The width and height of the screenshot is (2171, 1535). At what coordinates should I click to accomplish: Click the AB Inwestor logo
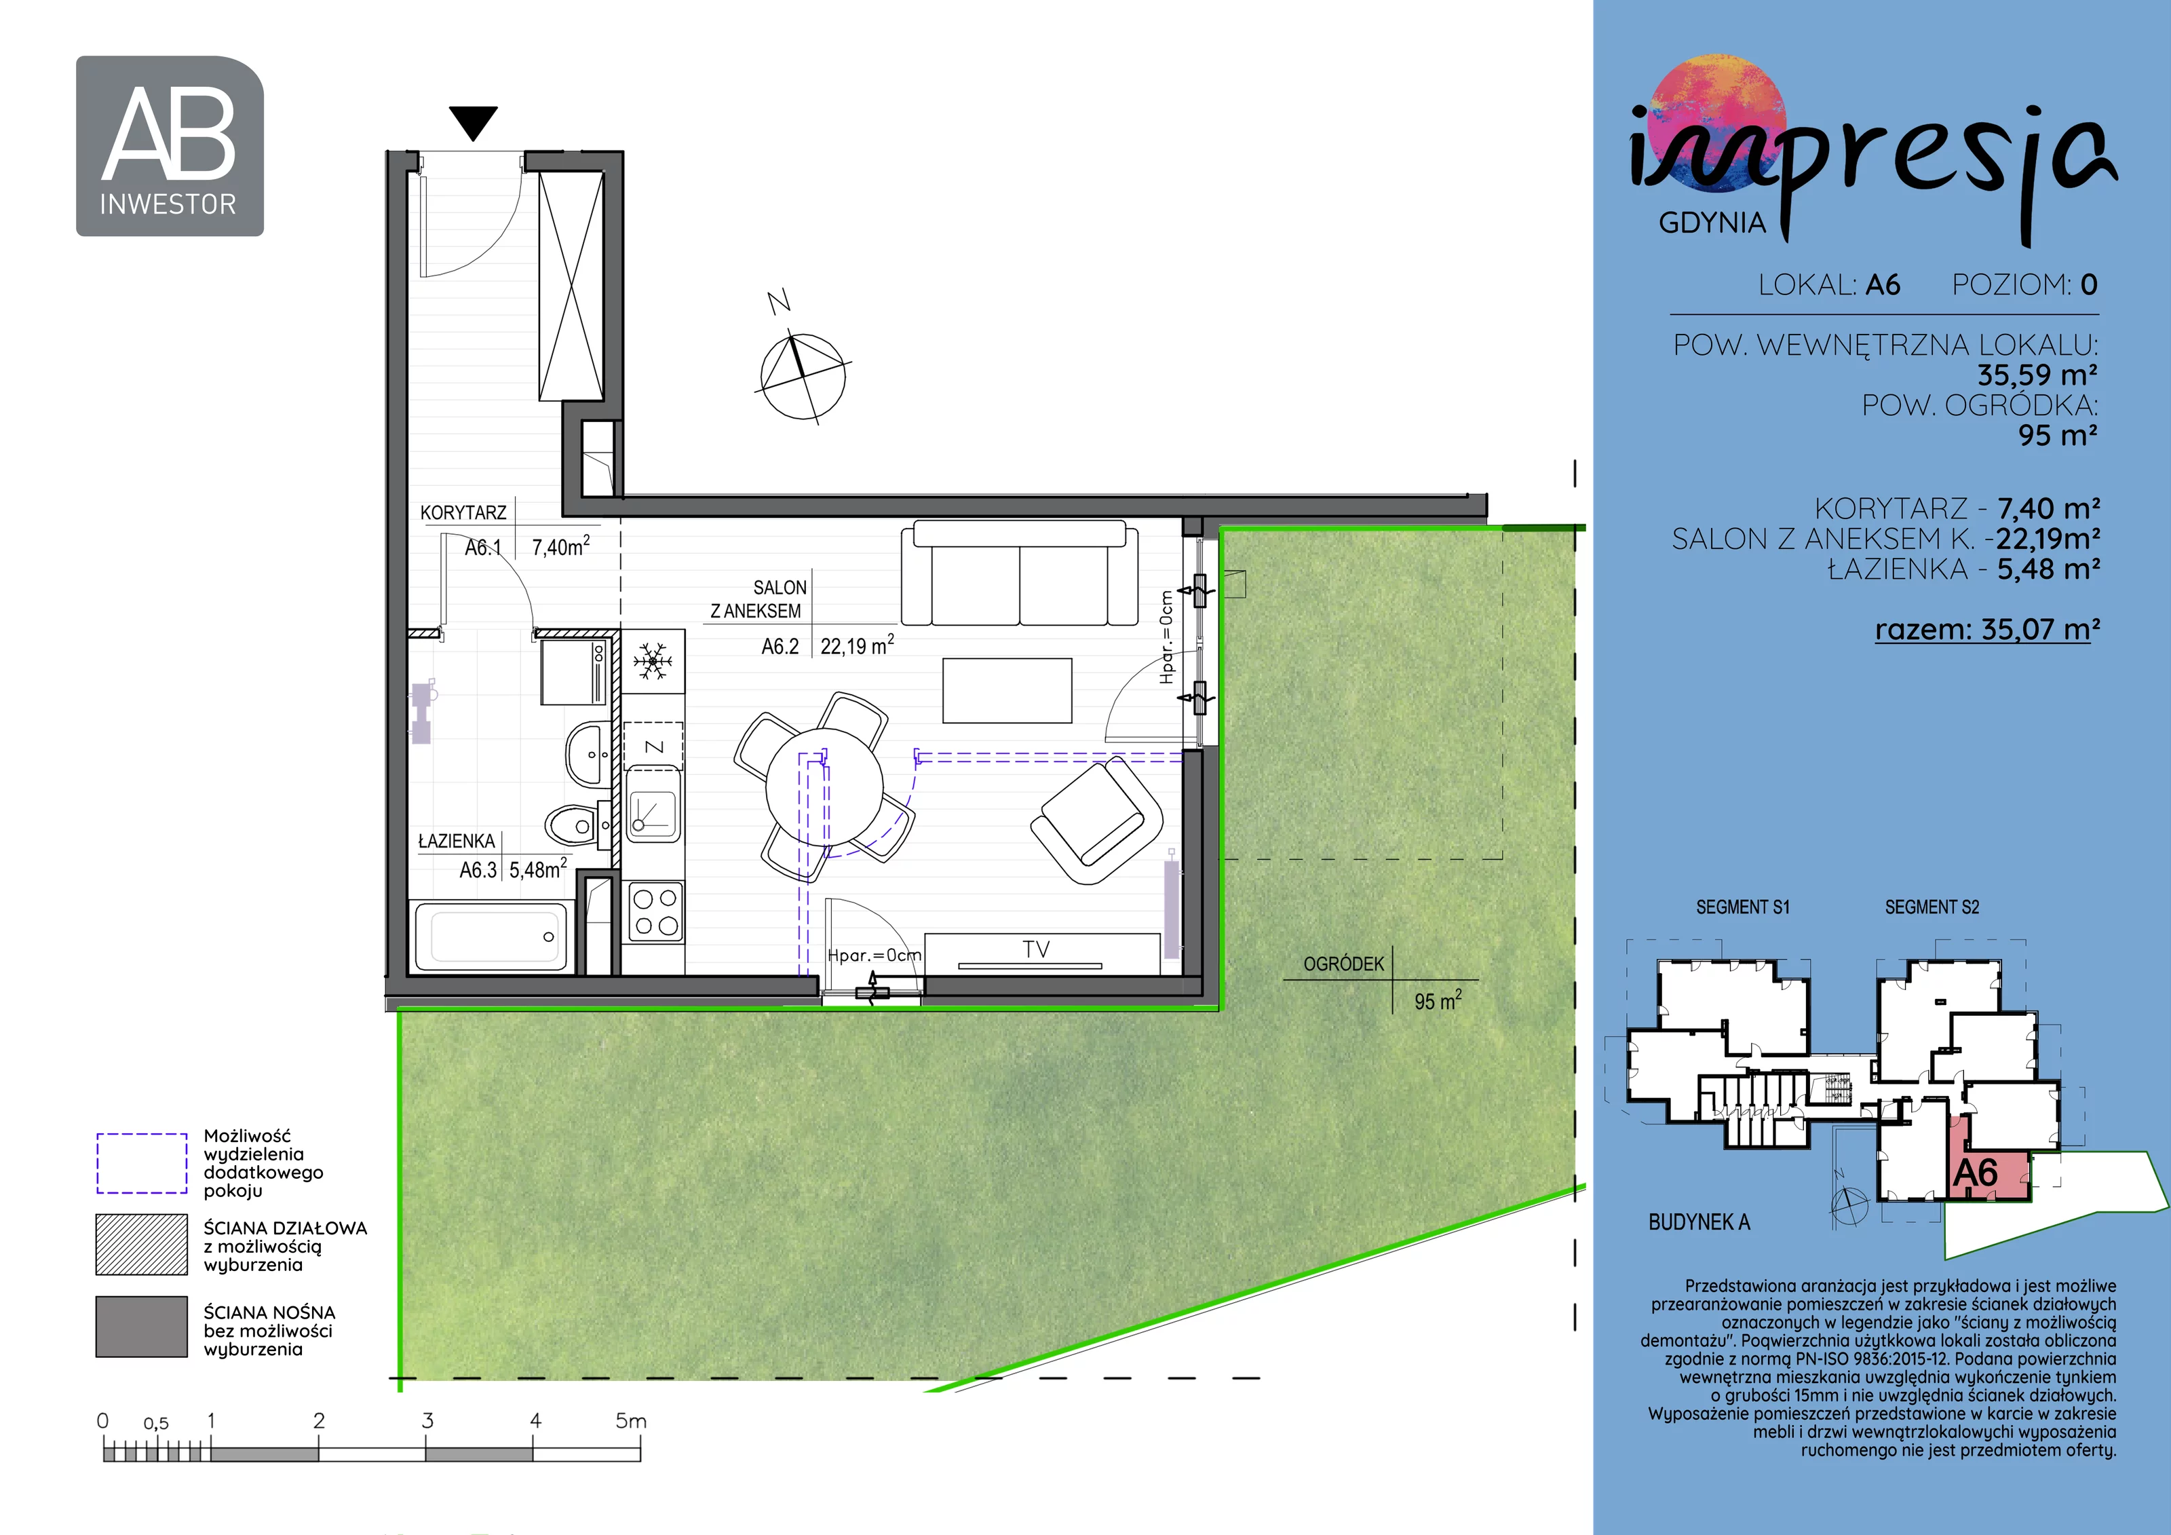169,146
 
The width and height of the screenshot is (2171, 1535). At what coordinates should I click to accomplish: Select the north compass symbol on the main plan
803,375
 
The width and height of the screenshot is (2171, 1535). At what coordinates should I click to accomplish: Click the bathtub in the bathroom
492,935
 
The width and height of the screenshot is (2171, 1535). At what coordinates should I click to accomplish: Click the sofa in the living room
1019,573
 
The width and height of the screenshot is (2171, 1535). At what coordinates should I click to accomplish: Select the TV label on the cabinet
1037,949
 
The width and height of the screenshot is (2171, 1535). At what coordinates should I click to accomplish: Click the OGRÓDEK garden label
1343,964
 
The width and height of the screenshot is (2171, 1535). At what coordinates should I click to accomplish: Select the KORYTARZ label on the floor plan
463,512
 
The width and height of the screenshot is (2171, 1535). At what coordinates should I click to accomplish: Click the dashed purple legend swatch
142,1163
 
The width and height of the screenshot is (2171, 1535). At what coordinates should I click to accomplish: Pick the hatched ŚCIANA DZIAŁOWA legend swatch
142,1245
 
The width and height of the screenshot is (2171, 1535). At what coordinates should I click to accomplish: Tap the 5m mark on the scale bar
631,1420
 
